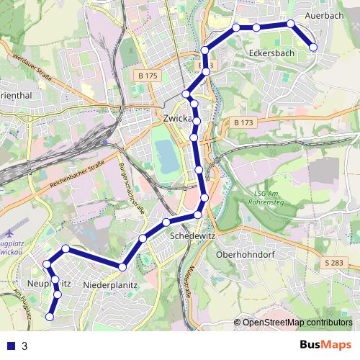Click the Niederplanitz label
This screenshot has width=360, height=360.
(110, 286)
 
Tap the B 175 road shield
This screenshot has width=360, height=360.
(148, 75)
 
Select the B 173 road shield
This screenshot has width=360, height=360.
(243, 123)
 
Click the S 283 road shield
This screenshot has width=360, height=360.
(335, 263)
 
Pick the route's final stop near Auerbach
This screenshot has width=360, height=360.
(313, 48)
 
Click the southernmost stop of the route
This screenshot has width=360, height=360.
(50, 316)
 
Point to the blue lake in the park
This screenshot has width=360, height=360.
(166, 156)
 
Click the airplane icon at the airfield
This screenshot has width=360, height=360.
(8, 234)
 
